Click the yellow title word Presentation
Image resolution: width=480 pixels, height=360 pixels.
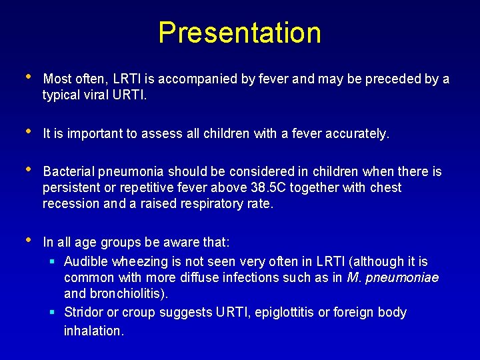(x=239, y=33)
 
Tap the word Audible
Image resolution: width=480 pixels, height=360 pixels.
(x=86, y=261)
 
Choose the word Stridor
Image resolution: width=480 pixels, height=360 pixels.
(x=84, y=312)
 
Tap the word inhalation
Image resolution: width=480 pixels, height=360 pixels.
(x=93, y=330)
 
